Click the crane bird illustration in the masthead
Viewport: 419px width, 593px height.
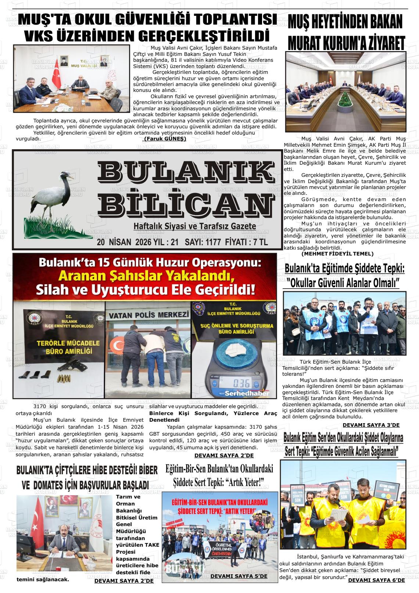coord(55,199)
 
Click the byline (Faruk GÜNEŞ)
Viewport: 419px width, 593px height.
coord(165,139)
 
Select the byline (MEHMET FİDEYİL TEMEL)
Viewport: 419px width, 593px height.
coord(337,254)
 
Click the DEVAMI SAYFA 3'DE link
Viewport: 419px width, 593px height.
coord(371,425)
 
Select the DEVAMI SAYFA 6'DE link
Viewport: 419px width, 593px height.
coord(376,580)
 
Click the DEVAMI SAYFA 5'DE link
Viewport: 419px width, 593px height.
coord(239,576)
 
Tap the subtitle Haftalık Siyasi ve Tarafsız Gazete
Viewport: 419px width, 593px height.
coord(195,226)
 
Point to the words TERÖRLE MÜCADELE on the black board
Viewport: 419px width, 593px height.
coord(63,343)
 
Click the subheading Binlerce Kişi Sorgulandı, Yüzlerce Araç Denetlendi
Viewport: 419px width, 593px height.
coord(213,416)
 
